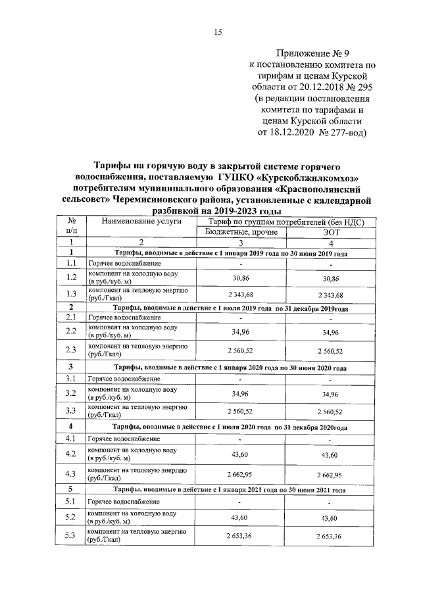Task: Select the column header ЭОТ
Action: click(326, 232)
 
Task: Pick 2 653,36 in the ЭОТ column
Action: click(326, 536)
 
